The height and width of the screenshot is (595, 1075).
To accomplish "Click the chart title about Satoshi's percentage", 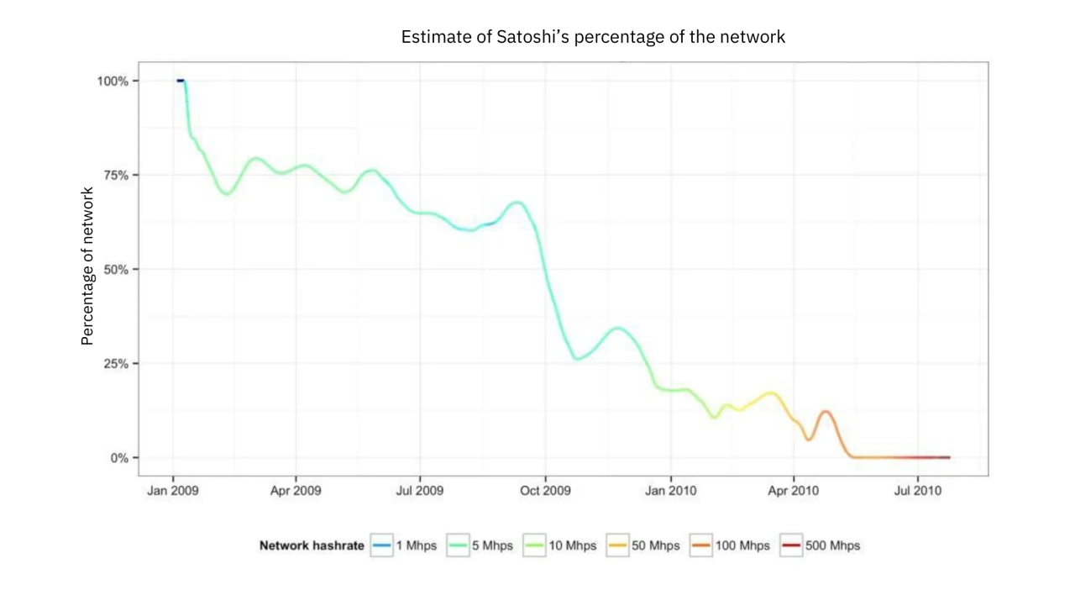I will [593, 37].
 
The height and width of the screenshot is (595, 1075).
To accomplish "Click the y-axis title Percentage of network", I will [87, 266].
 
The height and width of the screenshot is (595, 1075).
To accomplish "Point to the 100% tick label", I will [113, 81].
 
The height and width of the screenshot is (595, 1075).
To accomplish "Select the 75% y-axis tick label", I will [116, 175].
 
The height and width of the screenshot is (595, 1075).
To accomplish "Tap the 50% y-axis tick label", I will [116, 269].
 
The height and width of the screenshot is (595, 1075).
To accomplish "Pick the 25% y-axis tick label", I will [116, 364].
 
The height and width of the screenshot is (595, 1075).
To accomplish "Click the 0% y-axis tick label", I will [119, 458].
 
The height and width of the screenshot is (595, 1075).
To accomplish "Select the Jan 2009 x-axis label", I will [173, 490].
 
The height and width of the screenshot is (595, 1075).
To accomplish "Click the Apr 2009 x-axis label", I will [296, 490].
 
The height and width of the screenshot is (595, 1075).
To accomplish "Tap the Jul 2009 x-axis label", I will [419, 490].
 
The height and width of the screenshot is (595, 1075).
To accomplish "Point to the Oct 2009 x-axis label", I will [545, 490].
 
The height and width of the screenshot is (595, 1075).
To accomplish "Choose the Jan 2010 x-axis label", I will [670, 490].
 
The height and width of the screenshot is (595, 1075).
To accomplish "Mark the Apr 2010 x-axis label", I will [794, 490].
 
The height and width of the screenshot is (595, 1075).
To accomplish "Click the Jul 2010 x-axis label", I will [917, 490].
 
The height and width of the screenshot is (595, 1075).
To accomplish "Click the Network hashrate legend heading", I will [312, 545].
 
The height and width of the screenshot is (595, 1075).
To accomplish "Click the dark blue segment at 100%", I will [181, 81].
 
